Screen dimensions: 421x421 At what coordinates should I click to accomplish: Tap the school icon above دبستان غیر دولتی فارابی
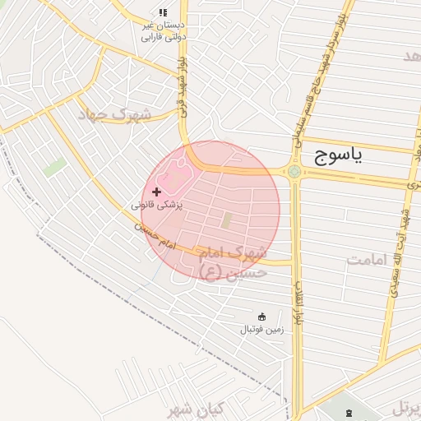[162, 12]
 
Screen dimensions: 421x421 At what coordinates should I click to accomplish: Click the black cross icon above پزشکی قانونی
[156, 191]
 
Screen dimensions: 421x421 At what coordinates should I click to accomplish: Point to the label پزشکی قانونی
[158, 203]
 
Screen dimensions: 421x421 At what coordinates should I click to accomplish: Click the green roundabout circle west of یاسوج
[294, 172]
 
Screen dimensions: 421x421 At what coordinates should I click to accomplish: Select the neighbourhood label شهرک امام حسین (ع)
[234, 260]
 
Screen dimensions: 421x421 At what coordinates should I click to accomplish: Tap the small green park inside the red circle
[226, 220]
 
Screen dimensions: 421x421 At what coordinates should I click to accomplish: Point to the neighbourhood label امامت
[365, 260]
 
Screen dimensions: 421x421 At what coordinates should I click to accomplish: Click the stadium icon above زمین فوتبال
[261, 317]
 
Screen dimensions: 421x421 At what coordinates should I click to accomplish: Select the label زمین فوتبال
[261, 329]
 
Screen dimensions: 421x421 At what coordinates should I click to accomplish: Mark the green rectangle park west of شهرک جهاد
[54, 167]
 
